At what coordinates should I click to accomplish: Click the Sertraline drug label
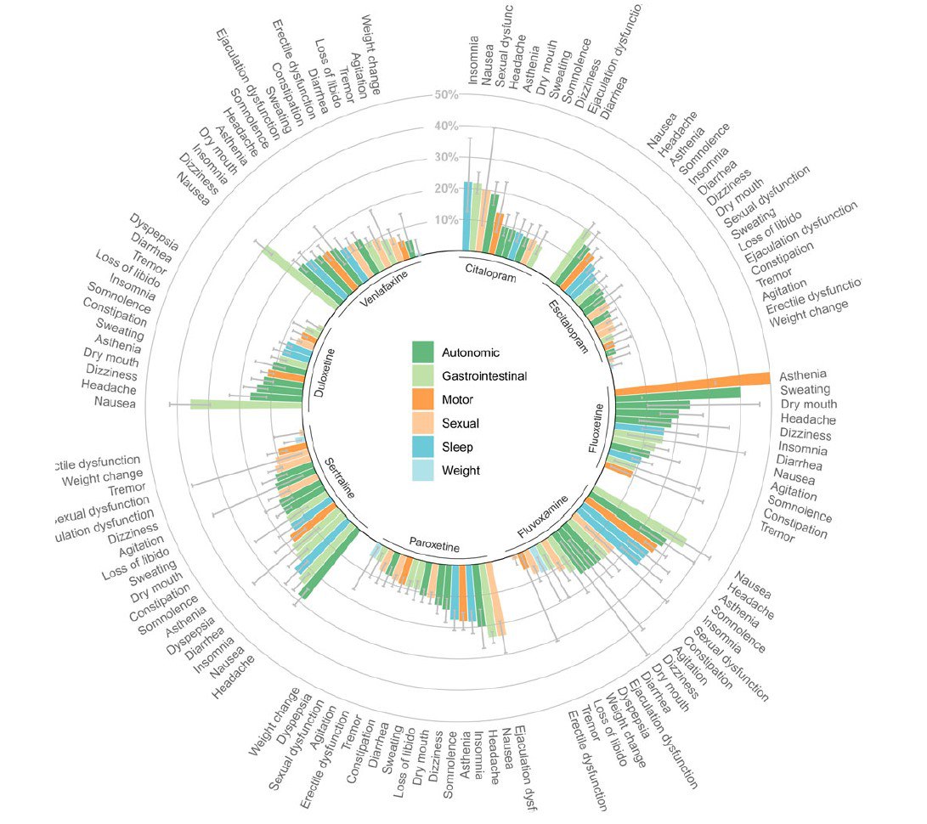[x=339, y=478]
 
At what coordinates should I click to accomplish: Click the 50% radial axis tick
[x=446, y=94]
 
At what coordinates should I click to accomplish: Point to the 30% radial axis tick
[x=446, y=157]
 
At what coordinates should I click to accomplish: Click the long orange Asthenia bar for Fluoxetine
[x=692, y=384]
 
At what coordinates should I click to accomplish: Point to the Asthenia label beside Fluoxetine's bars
[x=803, y=375]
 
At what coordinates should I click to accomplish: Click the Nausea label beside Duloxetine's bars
[x=115, y=402]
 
